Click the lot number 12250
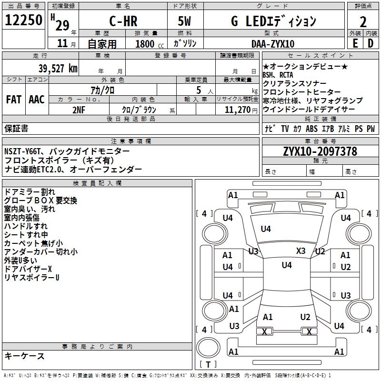point(24,20)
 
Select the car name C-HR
point(122,21)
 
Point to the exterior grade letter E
point(355,43)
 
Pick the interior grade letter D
point(371,43)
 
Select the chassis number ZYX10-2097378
point(320,151)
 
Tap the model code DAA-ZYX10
point(273,44)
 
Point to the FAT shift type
point(13,100)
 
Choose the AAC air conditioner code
point(36,100)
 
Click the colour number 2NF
point(79,110)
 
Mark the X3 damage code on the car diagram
point(301,251)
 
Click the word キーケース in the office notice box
point(25,356)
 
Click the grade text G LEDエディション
point(273,21)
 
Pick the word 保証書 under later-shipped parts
point(16,128)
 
